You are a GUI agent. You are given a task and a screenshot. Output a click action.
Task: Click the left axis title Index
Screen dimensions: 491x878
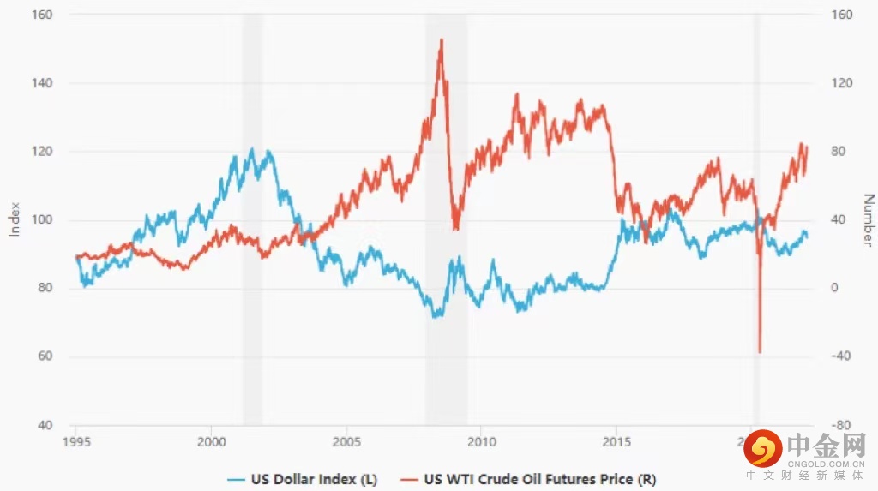coord(15,219)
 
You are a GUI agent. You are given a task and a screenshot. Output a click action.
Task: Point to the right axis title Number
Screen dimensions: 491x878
coord(868,220)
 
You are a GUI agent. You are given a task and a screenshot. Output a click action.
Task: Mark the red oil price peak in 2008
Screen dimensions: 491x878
coord(441,39)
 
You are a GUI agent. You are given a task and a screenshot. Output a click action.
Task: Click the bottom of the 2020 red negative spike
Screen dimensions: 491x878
coord(760,351)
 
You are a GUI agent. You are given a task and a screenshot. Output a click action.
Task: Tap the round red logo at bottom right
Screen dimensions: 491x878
coord(762,448)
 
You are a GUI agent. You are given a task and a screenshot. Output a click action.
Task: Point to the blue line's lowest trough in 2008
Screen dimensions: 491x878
coord(436,316)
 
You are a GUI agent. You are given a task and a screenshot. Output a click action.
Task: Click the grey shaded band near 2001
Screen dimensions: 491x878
coord(252,219)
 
